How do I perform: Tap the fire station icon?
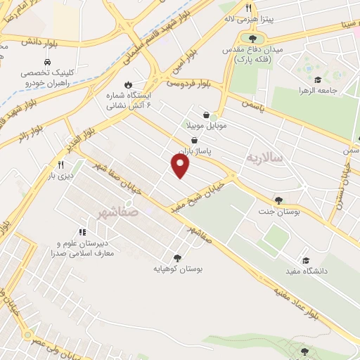(x=128, y=84)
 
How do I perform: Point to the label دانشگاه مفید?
(x=303, y=271)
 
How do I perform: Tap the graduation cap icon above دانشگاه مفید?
(x=304, y=259)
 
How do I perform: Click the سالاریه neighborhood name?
(x=264, y=158)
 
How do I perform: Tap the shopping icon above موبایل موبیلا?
(x=205, y=115)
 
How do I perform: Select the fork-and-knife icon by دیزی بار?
(x=51, y=165)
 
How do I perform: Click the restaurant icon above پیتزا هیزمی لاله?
(x=247, y=8)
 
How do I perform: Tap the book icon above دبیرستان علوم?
(x=83, y=231)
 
